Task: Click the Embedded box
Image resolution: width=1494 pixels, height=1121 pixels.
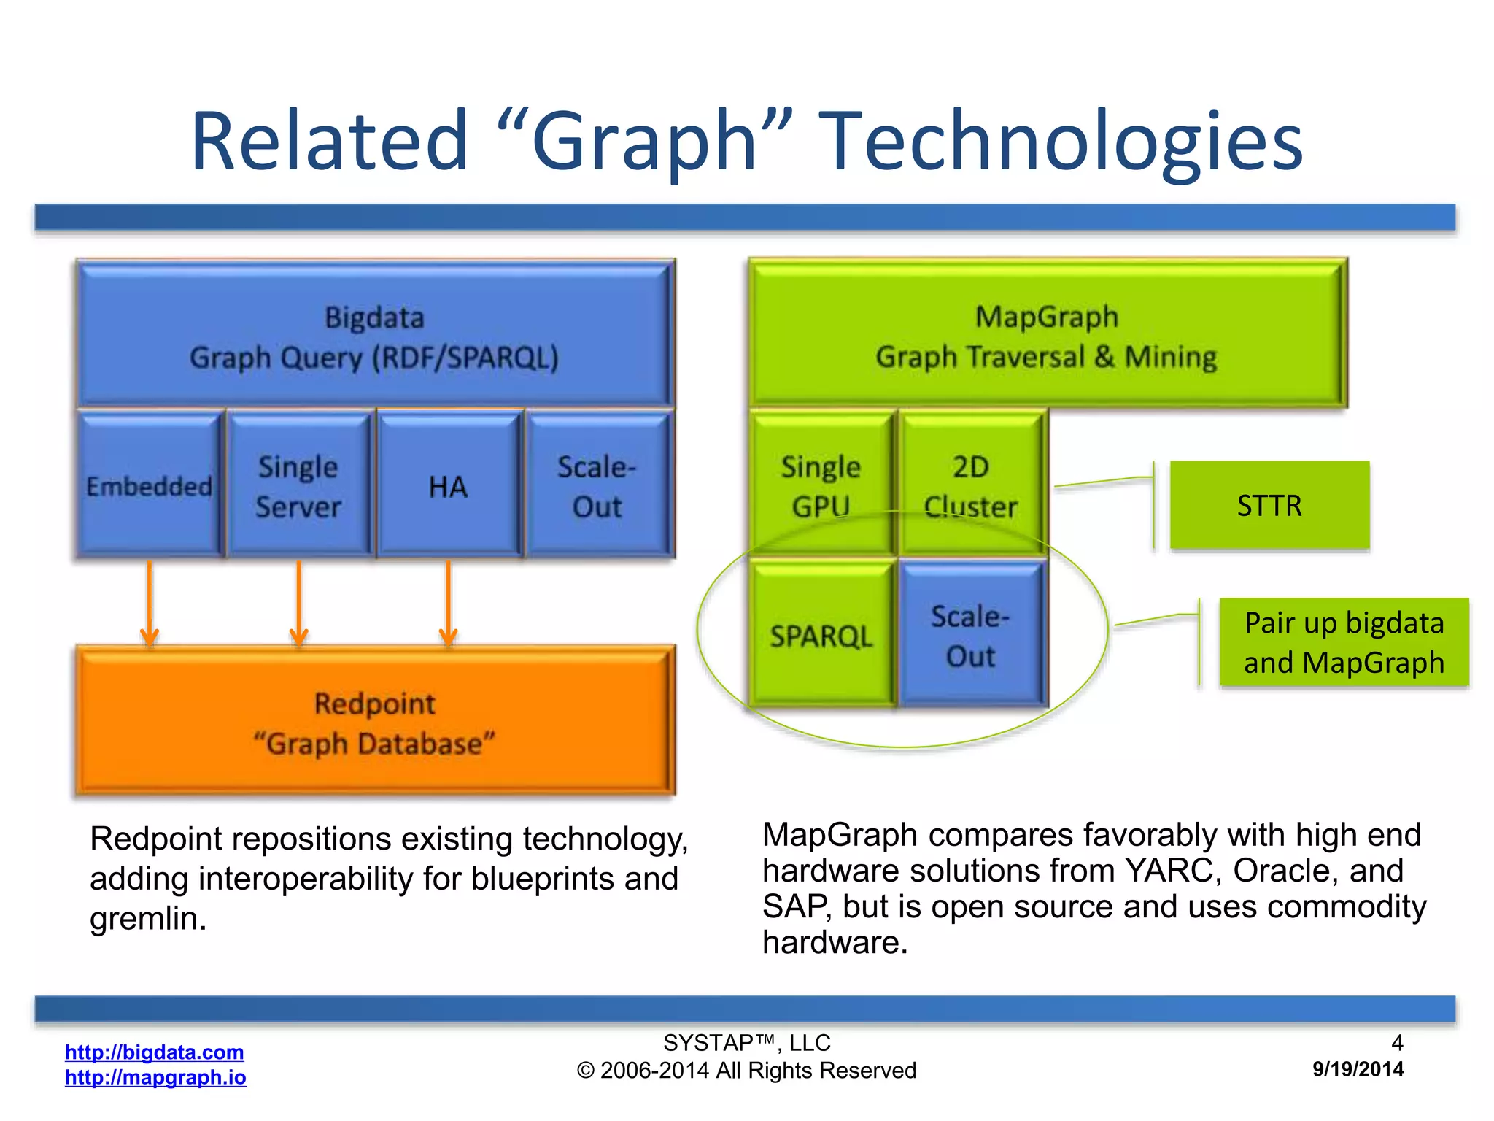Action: (149, 485)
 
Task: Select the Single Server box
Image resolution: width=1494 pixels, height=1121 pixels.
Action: (298, 485)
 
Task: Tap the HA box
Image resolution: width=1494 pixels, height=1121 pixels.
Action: (448, 485)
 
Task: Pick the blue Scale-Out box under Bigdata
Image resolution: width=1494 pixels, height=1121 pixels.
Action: (597, 485)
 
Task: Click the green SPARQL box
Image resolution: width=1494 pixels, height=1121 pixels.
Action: (821, 635)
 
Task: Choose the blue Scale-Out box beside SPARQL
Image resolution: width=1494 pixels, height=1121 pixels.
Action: (971, 635)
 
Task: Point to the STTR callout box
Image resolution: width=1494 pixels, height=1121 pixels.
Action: (1269, 505)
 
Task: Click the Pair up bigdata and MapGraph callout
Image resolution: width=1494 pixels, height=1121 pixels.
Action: (1344, 642)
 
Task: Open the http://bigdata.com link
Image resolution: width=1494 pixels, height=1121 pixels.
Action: (154, 1052)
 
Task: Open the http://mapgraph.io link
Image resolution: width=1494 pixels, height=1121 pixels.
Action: (155, 1077)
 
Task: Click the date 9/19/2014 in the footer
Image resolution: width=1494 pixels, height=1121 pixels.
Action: (1358, 1069)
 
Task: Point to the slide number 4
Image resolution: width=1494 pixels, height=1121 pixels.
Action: (1397, 1042)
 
